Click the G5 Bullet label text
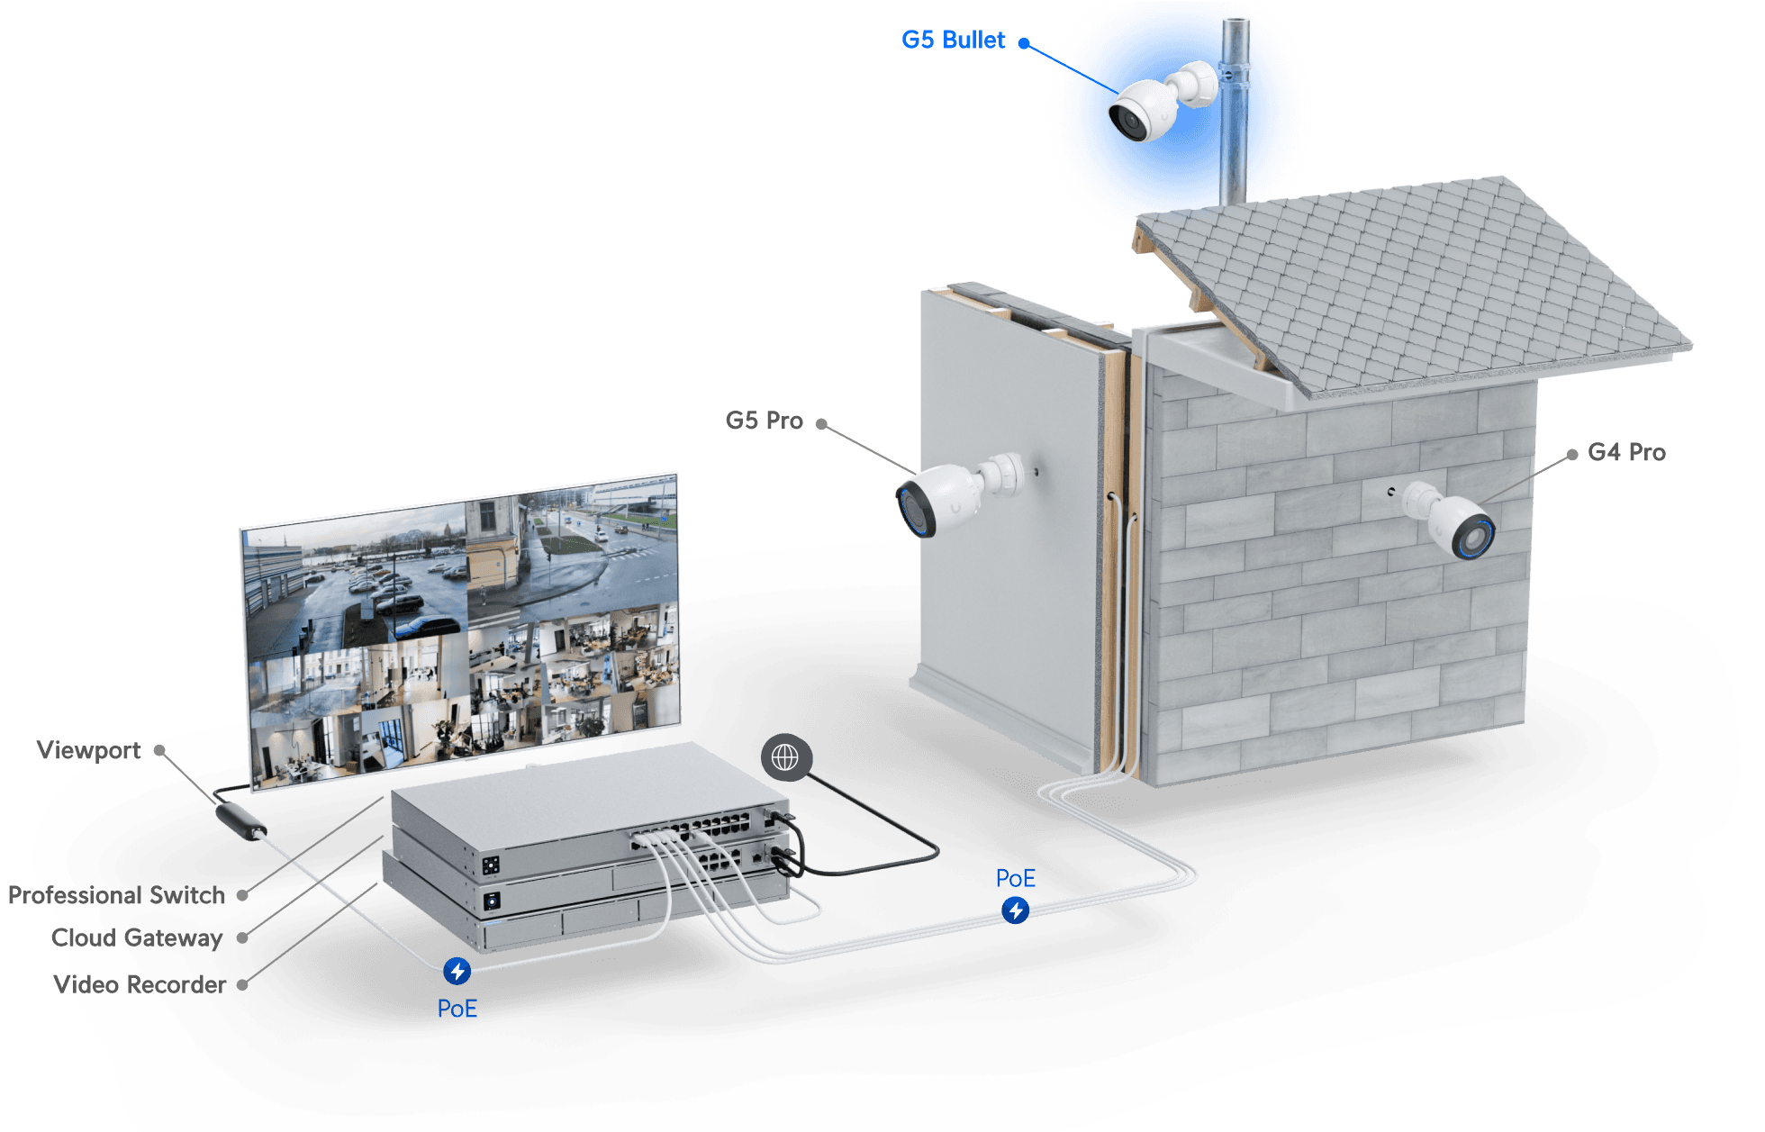[x=953, y=40]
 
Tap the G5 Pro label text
[x=764, y=421]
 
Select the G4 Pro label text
[x=1626, y=452]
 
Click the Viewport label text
[x=88, y=750]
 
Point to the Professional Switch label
[x=115, y=894]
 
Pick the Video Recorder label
[x=140, y=984]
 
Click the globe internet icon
[x=785, y=757]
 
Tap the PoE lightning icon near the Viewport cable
[x=457, y=971]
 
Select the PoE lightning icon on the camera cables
[x=1016, y=910]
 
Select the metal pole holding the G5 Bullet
[x=1232, y=117]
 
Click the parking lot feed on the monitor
[x=356, y=581]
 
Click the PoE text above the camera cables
[x=1016, y=878]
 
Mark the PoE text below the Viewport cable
[x=457, y=1009]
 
